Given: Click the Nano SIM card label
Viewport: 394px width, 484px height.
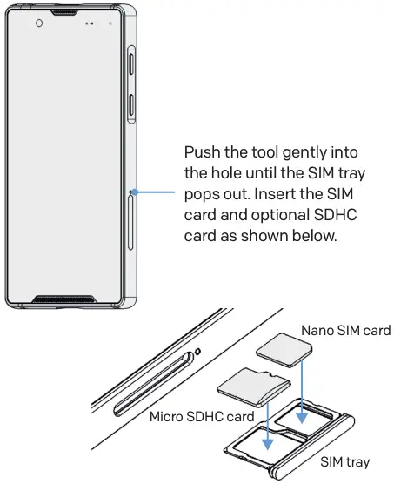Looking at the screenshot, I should tap(345, 330).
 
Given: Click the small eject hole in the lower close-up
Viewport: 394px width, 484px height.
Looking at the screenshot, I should tap(199, 352).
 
